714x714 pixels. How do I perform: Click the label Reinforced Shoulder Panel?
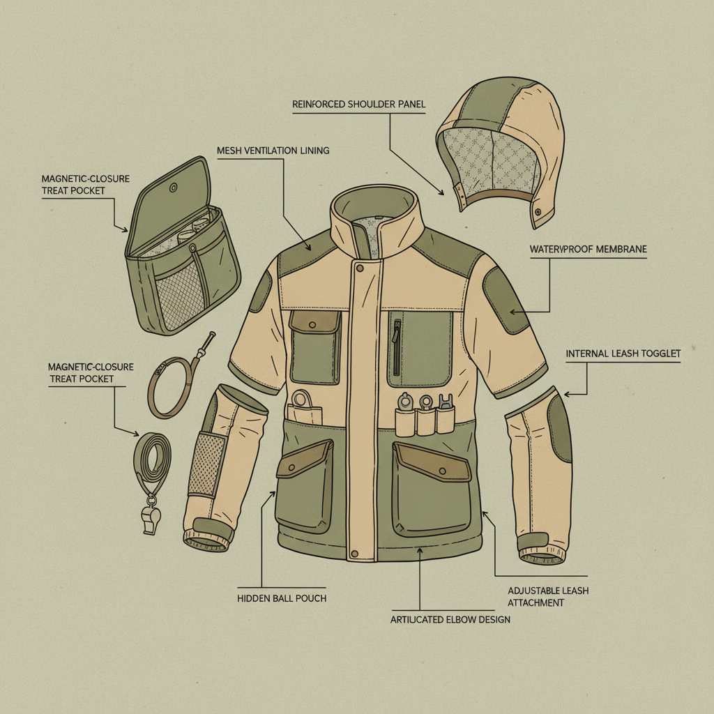(358, 105)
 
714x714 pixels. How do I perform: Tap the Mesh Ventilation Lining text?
(273, 151)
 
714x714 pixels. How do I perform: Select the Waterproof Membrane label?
(588, 249)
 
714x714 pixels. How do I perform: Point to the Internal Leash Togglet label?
(623, 354)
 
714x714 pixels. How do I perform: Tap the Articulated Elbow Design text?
(450, 619)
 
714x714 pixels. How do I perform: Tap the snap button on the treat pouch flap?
(174, 187)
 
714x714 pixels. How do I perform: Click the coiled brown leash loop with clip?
(171, 384)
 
